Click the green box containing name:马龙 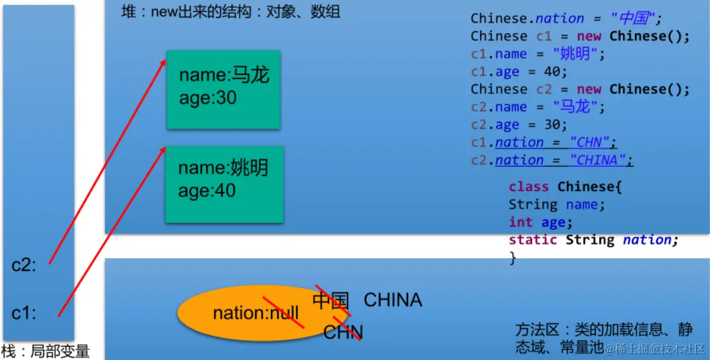(x=223, y=89)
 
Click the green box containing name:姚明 (x=224, y=184)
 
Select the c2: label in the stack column (x=25, y=265)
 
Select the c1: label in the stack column (x=25, y=313)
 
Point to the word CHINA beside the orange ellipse (x=393, y=299)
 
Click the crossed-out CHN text (x=343, y=332)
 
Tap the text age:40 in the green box (x=207, y=191)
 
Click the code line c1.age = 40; (x=519, y=71)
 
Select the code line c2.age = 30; (x=519, y=124)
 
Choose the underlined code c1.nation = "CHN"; (x=544, y=142)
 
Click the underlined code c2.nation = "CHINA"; (x=551, y=160)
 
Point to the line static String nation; (x=593, y=240)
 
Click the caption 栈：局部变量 (x=45, y=351)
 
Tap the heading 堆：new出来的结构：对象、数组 (x=231, y=12)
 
